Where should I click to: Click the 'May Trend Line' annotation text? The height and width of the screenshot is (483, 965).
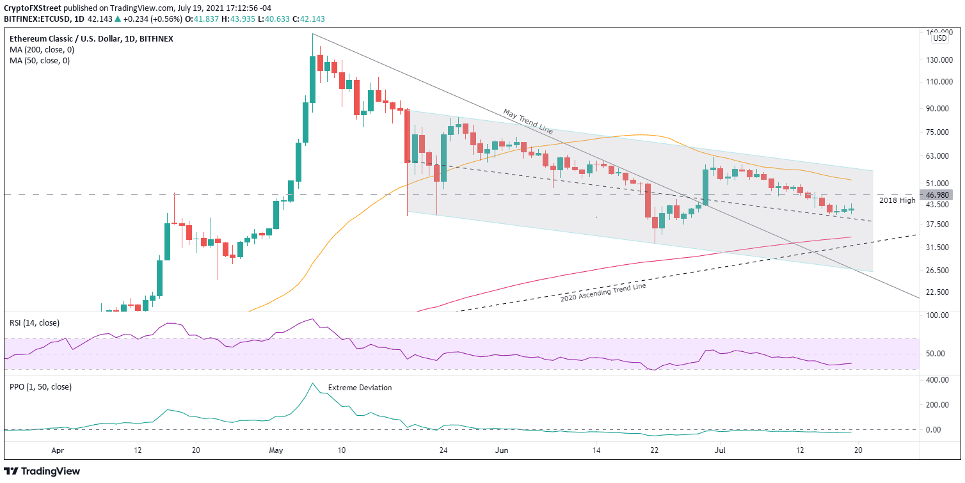[x=528, y=122]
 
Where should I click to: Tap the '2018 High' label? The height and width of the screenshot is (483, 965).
[x=897, y=200]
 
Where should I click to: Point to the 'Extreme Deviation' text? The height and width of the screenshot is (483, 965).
[x=360, y=388]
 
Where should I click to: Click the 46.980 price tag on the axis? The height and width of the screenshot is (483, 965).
[x=939, y=194]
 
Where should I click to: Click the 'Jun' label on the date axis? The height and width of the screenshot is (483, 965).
[x=500, y=450]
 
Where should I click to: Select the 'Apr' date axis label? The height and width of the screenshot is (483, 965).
[x=58, y=450]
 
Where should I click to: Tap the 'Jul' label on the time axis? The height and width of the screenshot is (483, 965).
[x=718, y=450]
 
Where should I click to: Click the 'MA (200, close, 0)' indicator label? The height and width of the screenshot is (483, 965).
[x=40, y=50]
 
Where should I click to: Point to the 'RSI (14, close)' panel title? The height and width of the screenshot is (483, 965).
[x=36, y=322]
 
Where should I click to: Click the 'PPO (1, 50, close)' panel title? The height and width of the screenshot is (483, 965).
[x=40, y=386]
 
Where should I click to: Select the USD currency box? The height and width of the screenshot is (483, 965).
[x=939, y=38]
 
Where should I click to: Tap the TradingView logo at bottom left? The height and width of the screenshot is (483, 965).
[x=42, y=471]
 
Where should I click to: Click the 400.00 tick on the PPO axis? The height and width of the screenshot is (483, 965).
[x=939, y=380]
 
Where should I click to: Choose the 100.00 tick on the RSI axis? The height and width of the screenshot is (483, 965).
[x=939, y=315]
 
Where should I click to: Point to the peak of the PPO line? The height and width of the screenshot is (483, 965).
[x=312, y=383]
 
